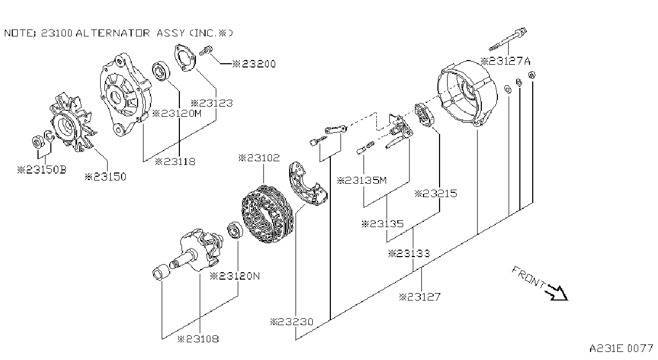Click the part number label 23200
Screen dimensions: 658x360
tap(254, 64)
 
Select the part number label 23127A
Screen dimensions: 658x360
tap(505, 61)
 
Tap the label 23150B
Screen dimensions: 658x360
tap(42, 170)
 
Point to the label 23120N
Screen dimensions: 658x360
tap(235, 276)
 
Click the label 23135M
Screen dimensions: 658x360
tap(362, 180)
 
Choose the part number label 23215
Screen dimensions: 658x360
tap(436, 194)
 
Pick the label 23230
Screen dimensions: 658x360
tap(292, 322)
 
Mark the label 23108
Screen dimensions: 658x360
tap(198, 339)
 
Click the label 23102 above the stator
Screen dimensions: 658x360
tap(259, 158)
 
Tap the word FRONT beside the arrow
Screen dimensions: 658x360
tap(529, 277)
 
